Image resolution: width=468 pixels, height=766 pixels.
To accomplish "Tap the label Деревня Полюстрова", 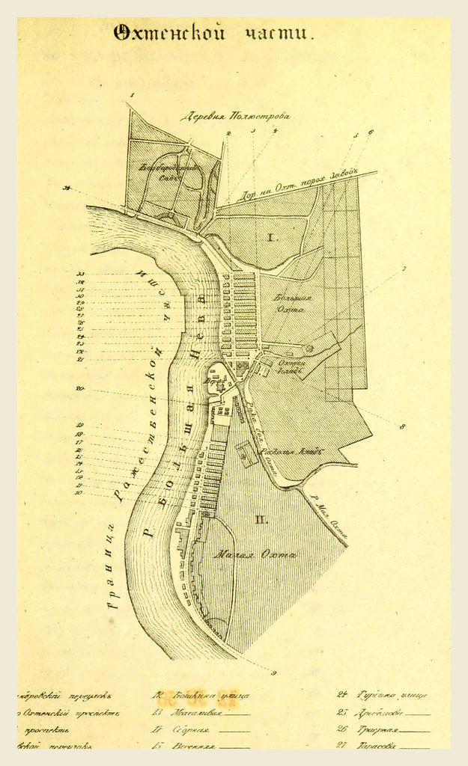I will (x=235, y=116).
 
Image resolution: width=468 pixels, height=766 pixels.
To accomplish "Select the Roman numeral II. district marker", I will (x=261, y=519).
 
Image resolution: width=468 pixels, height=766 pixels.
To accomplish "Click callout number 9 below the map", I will (x=274, y=672).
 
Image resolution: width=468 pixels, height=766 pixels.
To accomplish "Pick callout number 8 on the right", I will (x=402, y=426).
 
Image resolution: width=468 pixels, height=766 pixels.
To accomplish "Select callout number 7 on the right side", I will (x=404, y=269).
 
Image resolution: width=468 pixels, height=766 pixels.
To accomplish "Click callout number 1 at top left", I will (x=130, y=95).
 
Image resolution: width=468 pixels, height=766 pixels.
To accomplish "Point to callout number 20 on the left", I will (x=79, y=389).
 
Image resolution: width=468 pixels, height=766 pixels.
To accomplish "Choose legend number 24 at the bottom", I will (x=341, y=694).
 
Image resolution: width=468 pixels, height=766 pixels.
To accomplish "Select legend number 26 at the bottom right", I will (x=341, y=729).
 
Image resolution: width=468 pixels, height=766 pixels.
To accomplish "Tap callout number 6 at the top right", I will (x=370, y=132).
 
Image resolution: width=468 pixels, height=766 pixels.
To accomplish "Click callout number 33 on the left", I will (x=80, y=274).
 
